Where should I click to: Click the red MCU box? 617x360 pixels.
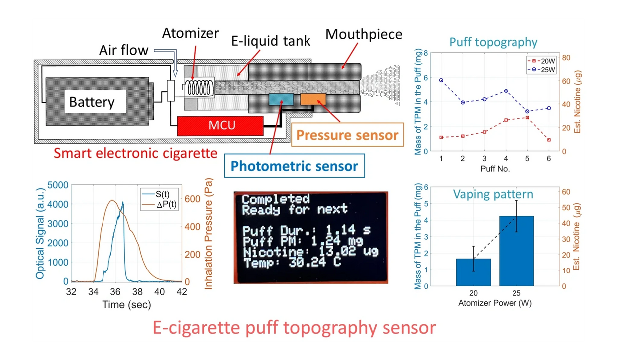click(220, 126)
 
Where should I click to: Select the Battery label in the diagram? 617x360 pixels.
click(92, 102)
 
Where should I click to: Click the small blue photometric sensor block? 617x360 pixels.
click(281, 99)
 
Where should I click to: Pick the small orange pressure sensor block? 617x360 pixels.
click(313, 99)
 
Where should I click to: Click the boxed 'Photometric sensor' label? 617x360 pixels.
click(294, 166)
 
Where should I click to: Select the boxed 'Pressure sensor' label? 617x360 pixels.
click(347, 135)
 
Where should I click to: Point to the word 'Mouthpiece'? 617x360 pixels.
click(364, 34)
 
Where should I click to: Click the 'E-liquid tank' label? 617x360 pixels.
click(271, 40)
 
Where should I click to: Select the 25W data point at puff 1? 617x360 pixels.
click(441, 80)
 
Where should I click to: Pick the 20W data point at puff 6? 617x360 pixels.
click(549, 140)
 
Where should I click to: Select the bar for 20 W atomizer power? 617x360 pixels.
click(473, 272)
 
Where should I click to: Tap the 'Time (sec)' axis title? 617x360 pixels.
click(126, 305)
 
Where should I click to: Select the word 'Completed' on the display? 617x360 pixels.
click(276, 199)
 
